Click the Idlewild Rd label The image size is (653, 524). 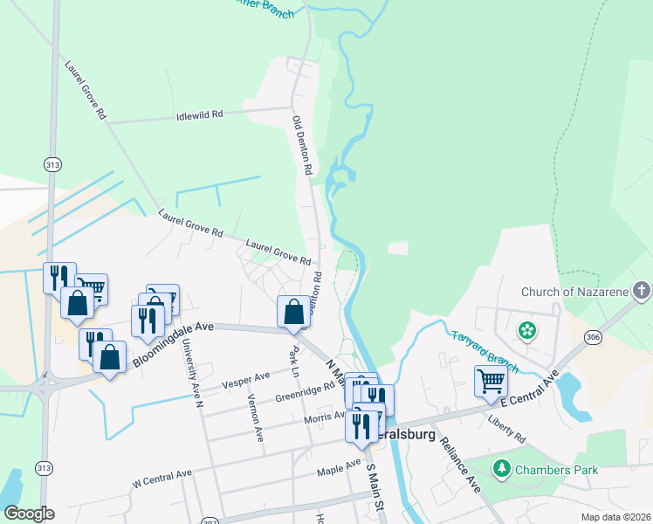coord(199,114)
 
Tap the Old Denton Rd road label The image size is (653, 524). coord(302,146)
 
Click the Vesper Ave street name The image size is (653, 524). coord(246,379)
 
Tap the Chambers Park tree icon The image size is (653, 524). coord(502,470)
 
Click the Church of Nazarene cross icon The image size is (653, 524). coord(641,291)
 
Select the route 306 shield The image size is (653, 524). coord(594,338)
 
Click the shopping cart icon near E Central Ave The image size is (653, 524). coord(491,381)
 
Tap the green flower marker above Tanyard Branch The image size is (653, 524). coord(526,330)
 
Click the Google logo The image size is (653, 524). coord(30,514)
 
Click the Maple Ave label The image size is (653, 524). coord(340,469)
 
